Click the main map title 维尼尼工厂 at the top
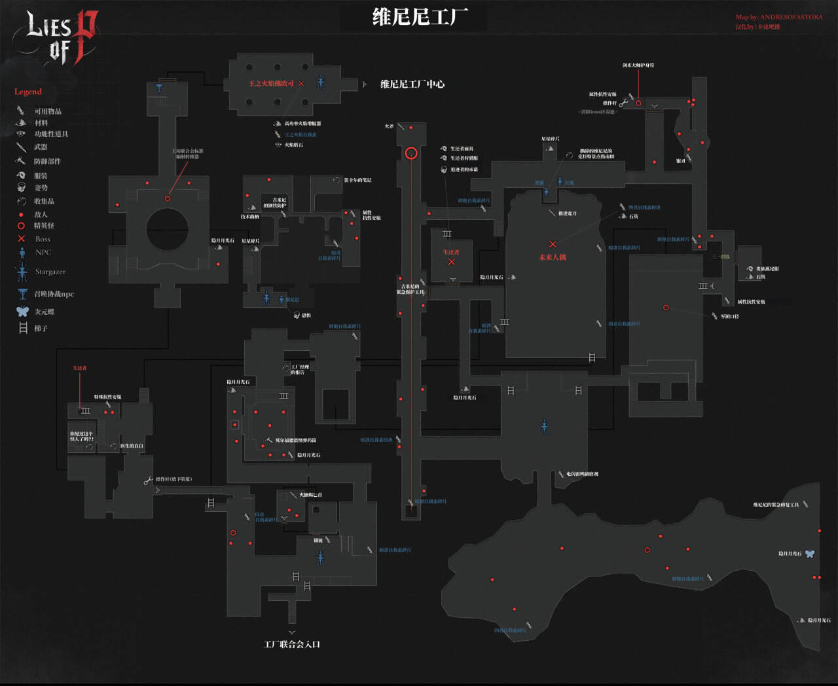[420, 16]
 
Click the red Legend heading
[28, 92]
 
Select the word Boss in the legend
[43, 239]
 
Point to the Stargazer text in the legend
[50, 272]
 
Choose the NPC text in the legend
[43, 253]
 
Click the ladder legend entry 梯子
[41, 329]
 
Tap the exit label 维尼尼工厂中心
[412, 84]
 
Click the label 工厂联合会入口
[292, 644]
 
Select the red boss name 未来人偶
[553, 257]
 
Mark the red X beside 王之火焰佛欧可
[301, 84]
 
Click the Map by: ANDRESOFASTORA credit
[778, 17]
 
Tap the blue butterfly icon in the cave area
[810, 554]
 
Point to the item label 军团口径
[729, 316]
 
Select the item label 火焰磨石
[293, 145]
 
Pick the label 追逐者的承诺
[464, 170]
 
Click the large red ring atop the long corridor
[411, 153]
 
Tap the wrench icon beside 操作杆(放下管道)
[148, 480]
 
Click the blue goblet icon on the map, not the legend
[159, 87]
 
